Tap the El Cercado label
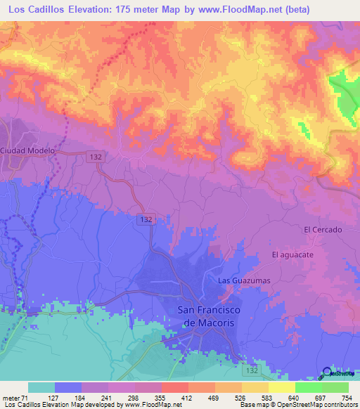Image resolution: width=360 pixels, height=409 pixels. click(323, 230)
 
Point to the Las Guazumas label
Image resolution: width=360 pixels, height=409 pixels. click(244, 280)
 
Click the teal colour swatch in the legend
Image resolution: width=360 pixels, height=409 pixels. click(41, 387)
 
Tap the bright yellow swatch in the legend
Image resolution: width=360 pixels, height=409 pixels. click(282, 387)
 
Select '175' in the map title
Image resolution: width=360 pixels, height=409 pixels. click(131, 9)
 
